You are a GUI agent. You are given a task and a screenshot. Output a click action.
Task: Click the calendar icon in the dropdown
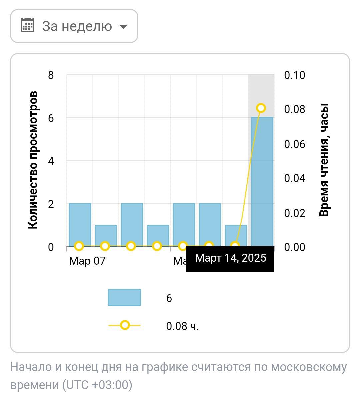[x=27, y=25]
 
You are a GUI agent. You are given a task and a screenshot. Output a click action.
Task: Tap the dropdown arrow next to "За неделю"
[x=123, y=26]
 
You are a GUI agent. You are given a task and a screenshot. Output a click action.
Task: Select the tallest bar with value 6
[x=262, y=182]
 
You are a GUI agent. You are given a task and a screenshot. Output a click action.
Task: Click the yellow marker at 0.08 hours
[x=261, y=108]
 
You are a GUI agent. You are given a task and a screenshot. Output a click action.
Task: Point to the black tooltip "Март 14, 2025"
[x=230, y=258]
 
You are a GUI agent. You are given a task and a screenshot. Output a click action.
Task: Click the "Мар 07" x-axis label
[x=87, y=261]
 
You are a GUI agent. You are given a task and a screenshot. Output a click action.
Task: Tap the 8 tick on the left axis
[x=51, y=75]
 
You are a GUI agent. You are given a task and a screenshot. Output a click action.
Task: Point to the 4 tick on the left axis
[x=51, y=161]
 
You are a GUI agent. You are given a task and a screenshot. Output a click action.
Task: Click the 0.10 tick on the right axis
[x=294, y=75]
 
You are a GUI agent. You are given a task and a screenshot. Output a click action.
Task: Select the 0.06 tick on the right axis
[x=294, y=144]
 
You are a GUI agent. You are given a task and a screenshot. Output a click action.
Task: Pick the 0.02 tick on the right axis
[x=294, y=213]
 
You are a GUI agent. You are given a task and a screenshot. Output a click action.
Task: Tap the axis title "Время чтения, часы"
[x=324, y=160]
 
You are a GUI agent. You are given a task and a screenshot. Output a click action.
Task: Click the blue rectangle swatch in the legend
[x=124, y=297]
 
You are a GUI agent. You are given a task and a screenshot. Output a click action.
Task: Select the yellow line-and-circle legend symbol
[x=124, y=325]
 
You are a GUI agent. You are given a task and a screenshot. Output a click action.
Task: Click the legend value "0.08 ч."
[x=182, y=326]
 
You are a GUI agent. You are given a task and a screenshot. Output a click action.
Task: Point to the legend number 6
[x=169, y=298]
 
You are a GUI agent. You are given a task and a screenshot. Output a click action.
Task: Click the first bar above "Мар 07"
[x=80, y=225]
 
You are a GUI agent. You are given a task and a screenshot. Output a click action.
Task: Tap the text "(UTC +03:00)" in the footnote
[x=97, y=385]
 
